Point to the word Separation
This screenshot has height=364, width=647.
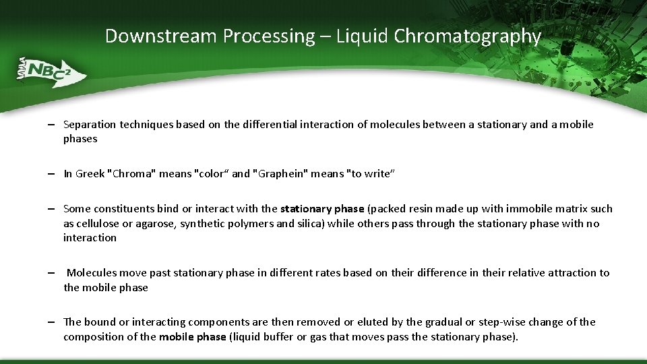(90, 125)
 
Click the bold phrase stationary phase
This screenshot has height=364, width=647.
(322, 209)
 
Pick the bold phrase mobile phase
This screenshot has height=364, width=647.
(192, 337)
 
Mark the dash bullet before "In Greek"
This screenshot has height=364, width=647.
(51, 174)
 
